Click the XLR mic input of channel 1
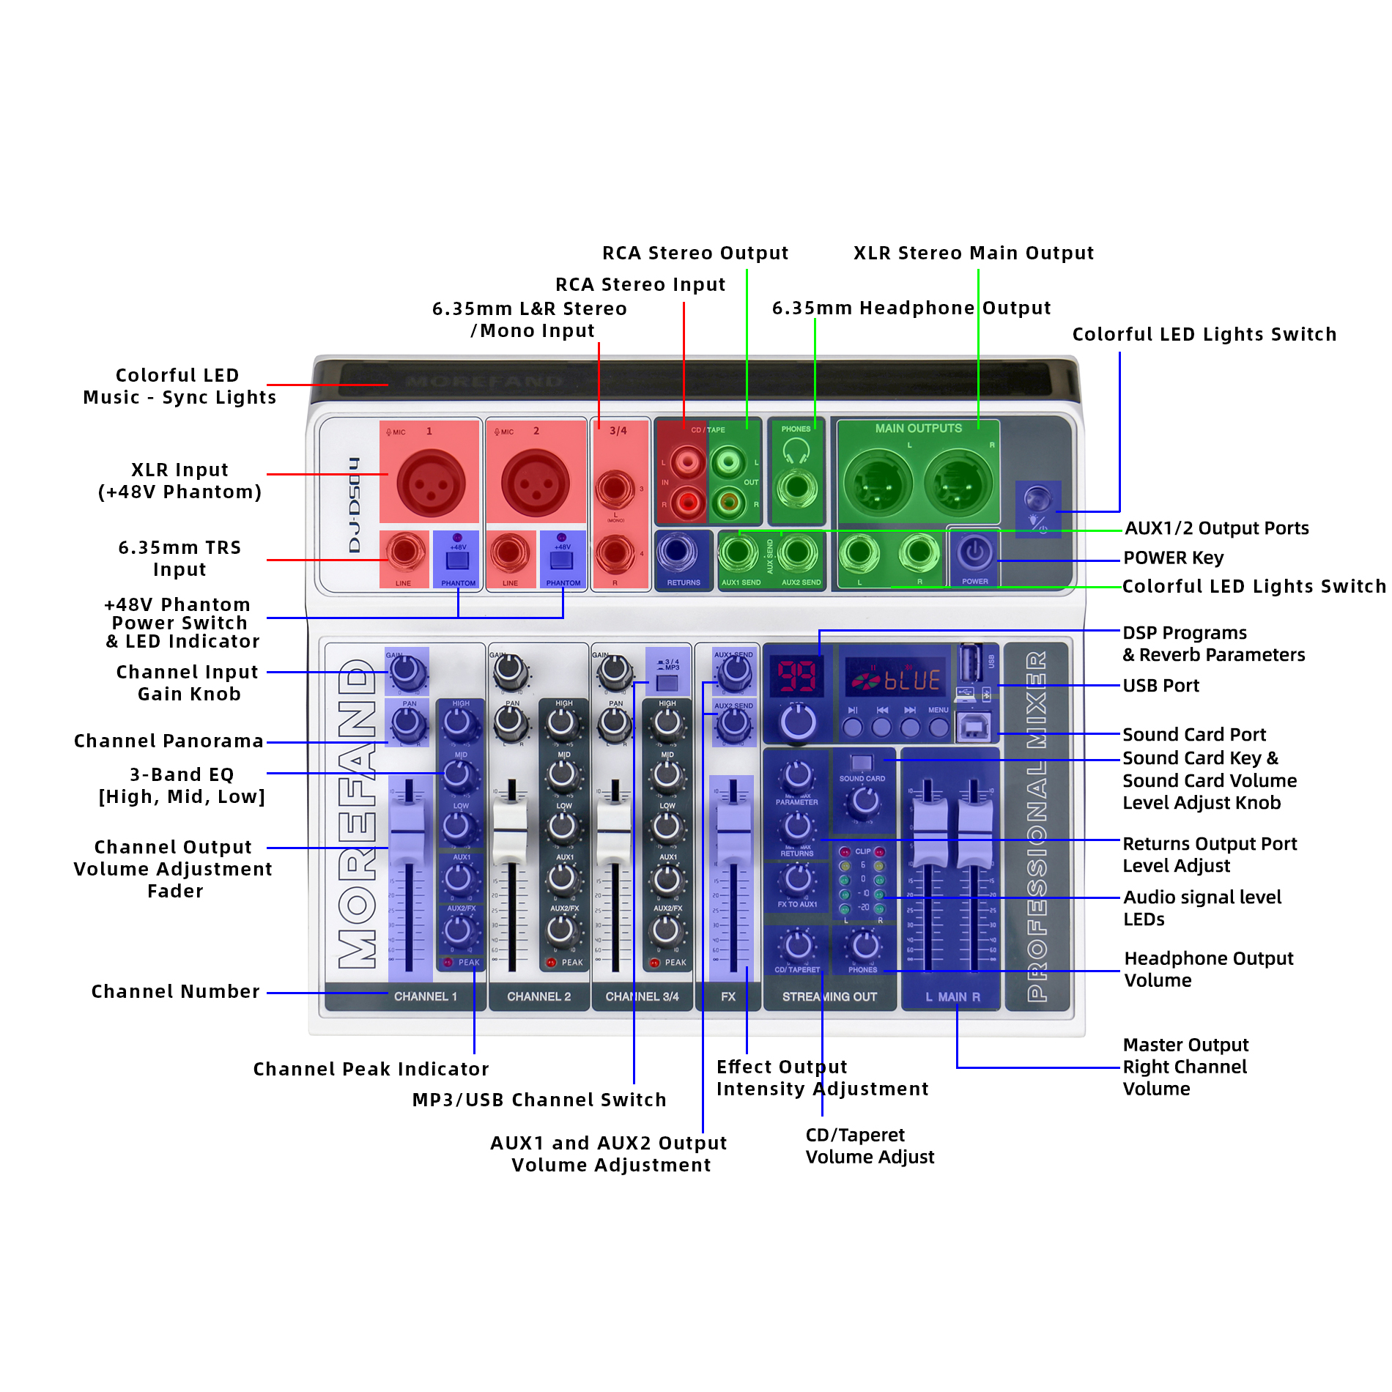tap(431, 484)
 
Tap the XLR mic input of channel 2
tap(535, 484)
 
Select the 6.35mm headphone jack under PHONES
tap(797, 487)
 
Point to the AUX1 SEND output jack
tap(738, 553)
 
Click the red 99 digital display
tap(796, 675)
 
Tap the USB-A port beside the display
tap(971, 663)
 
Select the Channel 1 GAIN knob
tap(406, 670)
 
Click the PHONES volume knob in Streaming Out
tap(865, 945)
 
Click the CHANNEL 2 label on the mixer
tap(538, 997)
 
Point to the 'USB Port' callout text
tap(1160, 686)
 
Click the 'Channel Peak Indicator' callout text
tap(371, 1069)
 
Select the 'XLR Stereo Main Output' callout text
tap(973, 253)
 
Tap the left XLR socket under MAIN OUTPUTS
tap(878, 484)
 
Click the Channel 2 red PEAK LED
tap(551, 963)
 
